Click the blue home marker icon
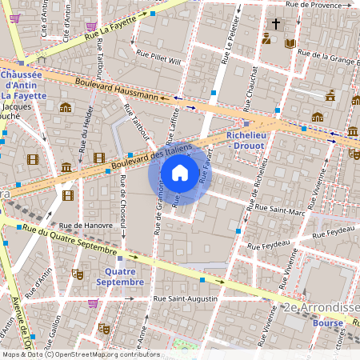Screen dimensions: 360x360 [x=180, y=172]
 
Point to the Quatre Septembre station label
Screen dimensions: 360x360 [x=120, y=276]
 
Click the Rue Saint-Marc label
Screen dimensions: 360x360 [x=277, y=212]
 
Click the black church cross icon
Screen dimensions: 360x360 [x=276, y=24]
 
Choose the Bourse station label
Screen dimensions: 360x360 [x=327, y=322]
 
